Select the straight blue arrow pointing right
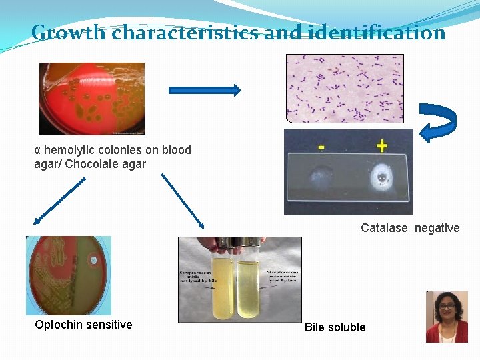pyautogui.click(x=204, y=90)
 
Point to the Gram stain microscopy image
pyautogui.click(x=344, y=88)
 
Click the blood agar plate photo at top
pyautogui.click(x=91, y=99)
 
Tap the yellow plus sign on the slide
pyautogui.click(x=382, y=145)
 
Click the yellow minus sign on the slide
pyautogui.click(x=321, y=145)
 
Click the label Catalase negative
pyautogui.click(x=410, y=228)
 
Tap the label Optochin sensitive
pyautogui.click(x=83, y=325)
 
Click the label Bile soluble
pyautogui.click(x=335, y=327)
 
